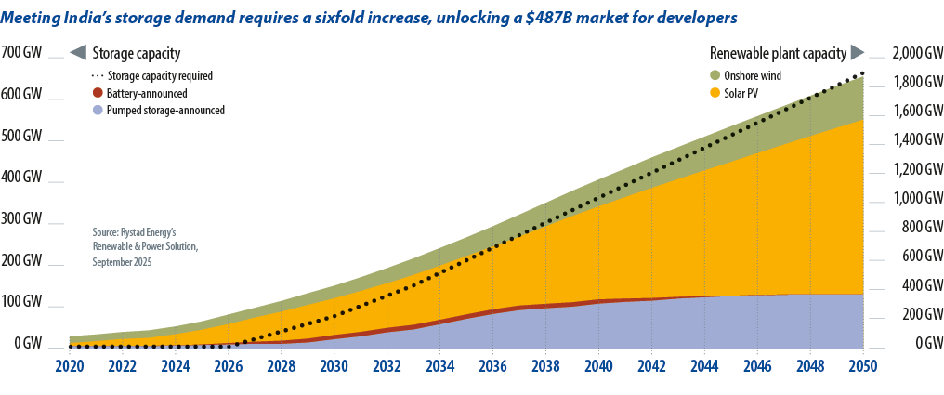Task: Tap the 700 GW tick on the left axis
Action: pos(21,53)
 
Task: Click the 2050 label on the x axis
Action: pos(862,366)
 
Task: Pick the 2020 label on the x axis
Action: pos(70,366)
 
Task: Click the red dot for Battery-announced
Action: pos(98,93)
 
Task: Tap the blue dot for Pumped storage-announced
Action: pos(98,110)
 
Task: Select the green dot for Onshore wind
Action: pos(715,75)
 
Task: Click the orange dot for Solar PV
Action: pos(715,93)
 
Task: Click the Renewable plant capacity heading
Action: pos(778,53)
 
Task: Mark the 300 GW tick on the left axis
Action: pos(21,219)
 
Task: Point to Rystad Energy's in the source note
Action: pos(143,231)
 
